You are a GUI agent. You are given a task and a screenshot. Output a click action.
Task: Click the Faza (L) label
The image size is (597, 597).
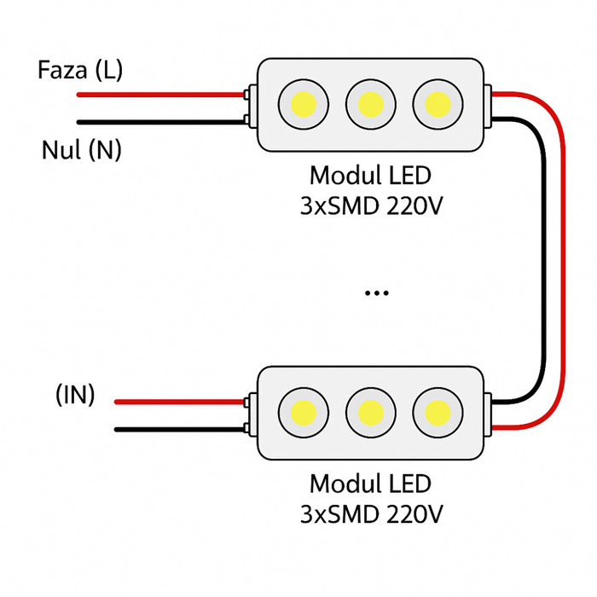[80, 70]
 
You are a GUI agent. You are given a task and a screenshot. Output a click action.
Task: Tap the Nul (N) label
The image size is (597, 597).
[82, 151]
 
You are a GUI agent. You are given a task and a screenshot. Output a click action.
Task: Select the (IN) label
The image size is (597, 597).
[75, 395]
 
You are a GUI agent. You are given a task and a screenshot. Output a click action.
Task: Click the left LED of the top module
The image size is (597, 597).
[302, 104]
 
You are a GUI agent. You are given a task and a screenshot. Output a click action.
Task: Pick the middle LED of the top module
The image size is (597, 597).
[370, 104]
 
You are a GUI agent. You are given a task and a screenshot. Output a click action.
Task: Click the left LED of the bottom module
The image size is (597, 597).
[302, 413]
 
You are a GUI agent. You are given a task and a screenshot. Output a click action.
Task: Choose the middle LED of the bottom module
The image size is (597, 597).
[370, 413]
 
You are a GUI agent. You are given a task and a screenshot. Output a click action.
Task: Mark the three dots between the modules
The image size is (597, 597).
[376, 293]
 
